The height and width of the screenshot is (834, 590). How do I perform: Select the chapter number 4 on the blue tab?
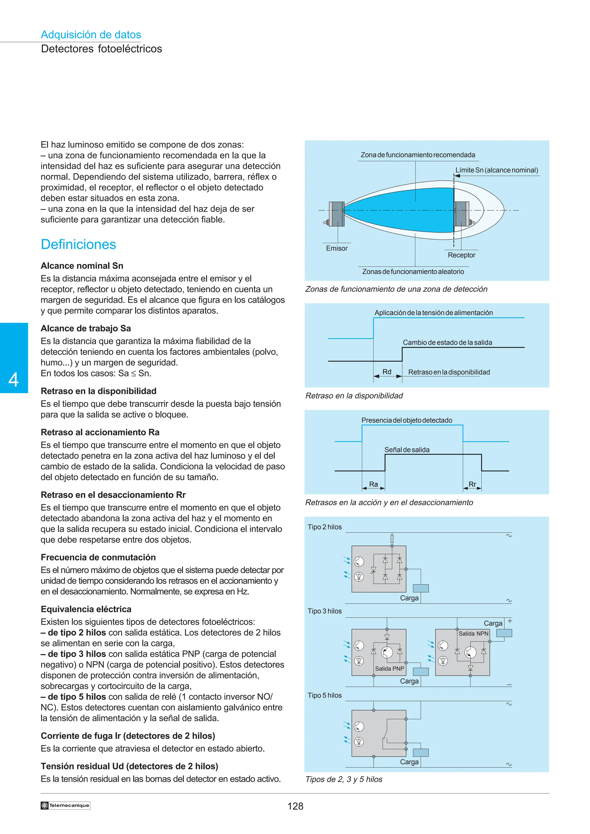click(x=14, y=380)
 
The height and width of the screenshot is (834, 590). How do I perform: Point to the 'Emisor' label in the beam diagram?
click(x=336, y=248)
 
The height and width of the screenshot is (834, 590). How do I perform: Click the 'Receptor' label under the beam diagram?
click(x=461, y=255)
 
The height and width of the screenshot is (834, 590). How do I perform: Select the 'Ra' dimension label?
click(x=373, y=484)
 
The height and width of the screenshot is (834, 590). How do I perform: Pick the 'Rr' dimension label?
click(x=472, y=484)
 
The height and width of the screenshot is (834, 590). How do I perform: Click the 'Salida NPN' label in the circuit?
click(x=473, y=633)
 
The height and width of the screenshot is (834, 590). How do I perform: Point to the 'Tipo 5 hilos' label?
click(x=324, y=695)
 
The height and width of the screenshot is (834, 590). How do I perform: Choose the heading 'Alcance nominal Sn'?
click(x=82, y=266)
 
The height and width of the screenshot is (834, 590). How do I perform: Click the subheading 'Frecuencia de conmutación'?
click(x=98, y=557)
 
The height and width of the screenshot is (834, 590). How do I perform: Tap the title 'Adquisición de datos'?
click(x=91, y=35)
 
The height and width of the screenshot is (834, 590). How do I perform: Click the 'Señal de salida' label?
click(x=407, y=450)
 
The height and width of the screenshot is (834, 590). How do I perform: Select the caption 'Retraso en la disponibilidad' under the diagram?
click(x=354, y=396)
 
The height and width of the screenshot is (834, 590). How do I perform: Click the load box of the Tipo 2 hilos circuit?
click(x=421, y=589)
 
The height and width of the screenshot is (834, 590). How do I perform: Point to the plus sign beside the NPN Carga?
click(x=510, y=621)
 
